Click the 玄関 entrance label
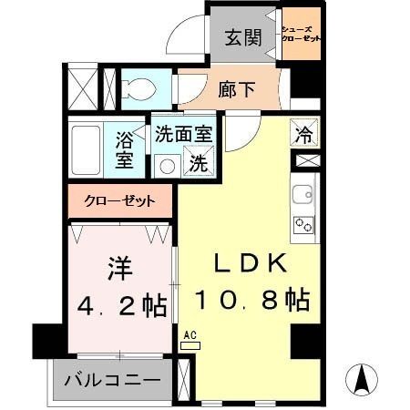coord(242,39)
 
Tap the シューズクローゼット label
coord(301,35)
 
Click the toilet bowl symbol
coord(138,88)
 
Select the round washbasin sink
coord(166,165)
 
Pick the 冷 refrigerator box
coord(302,132)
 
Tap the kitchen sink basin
coord(302,194)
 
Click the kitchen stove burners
coord(302,223)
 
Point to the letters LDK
coord(251,264)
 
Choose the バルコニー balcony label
coord(112,379)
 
